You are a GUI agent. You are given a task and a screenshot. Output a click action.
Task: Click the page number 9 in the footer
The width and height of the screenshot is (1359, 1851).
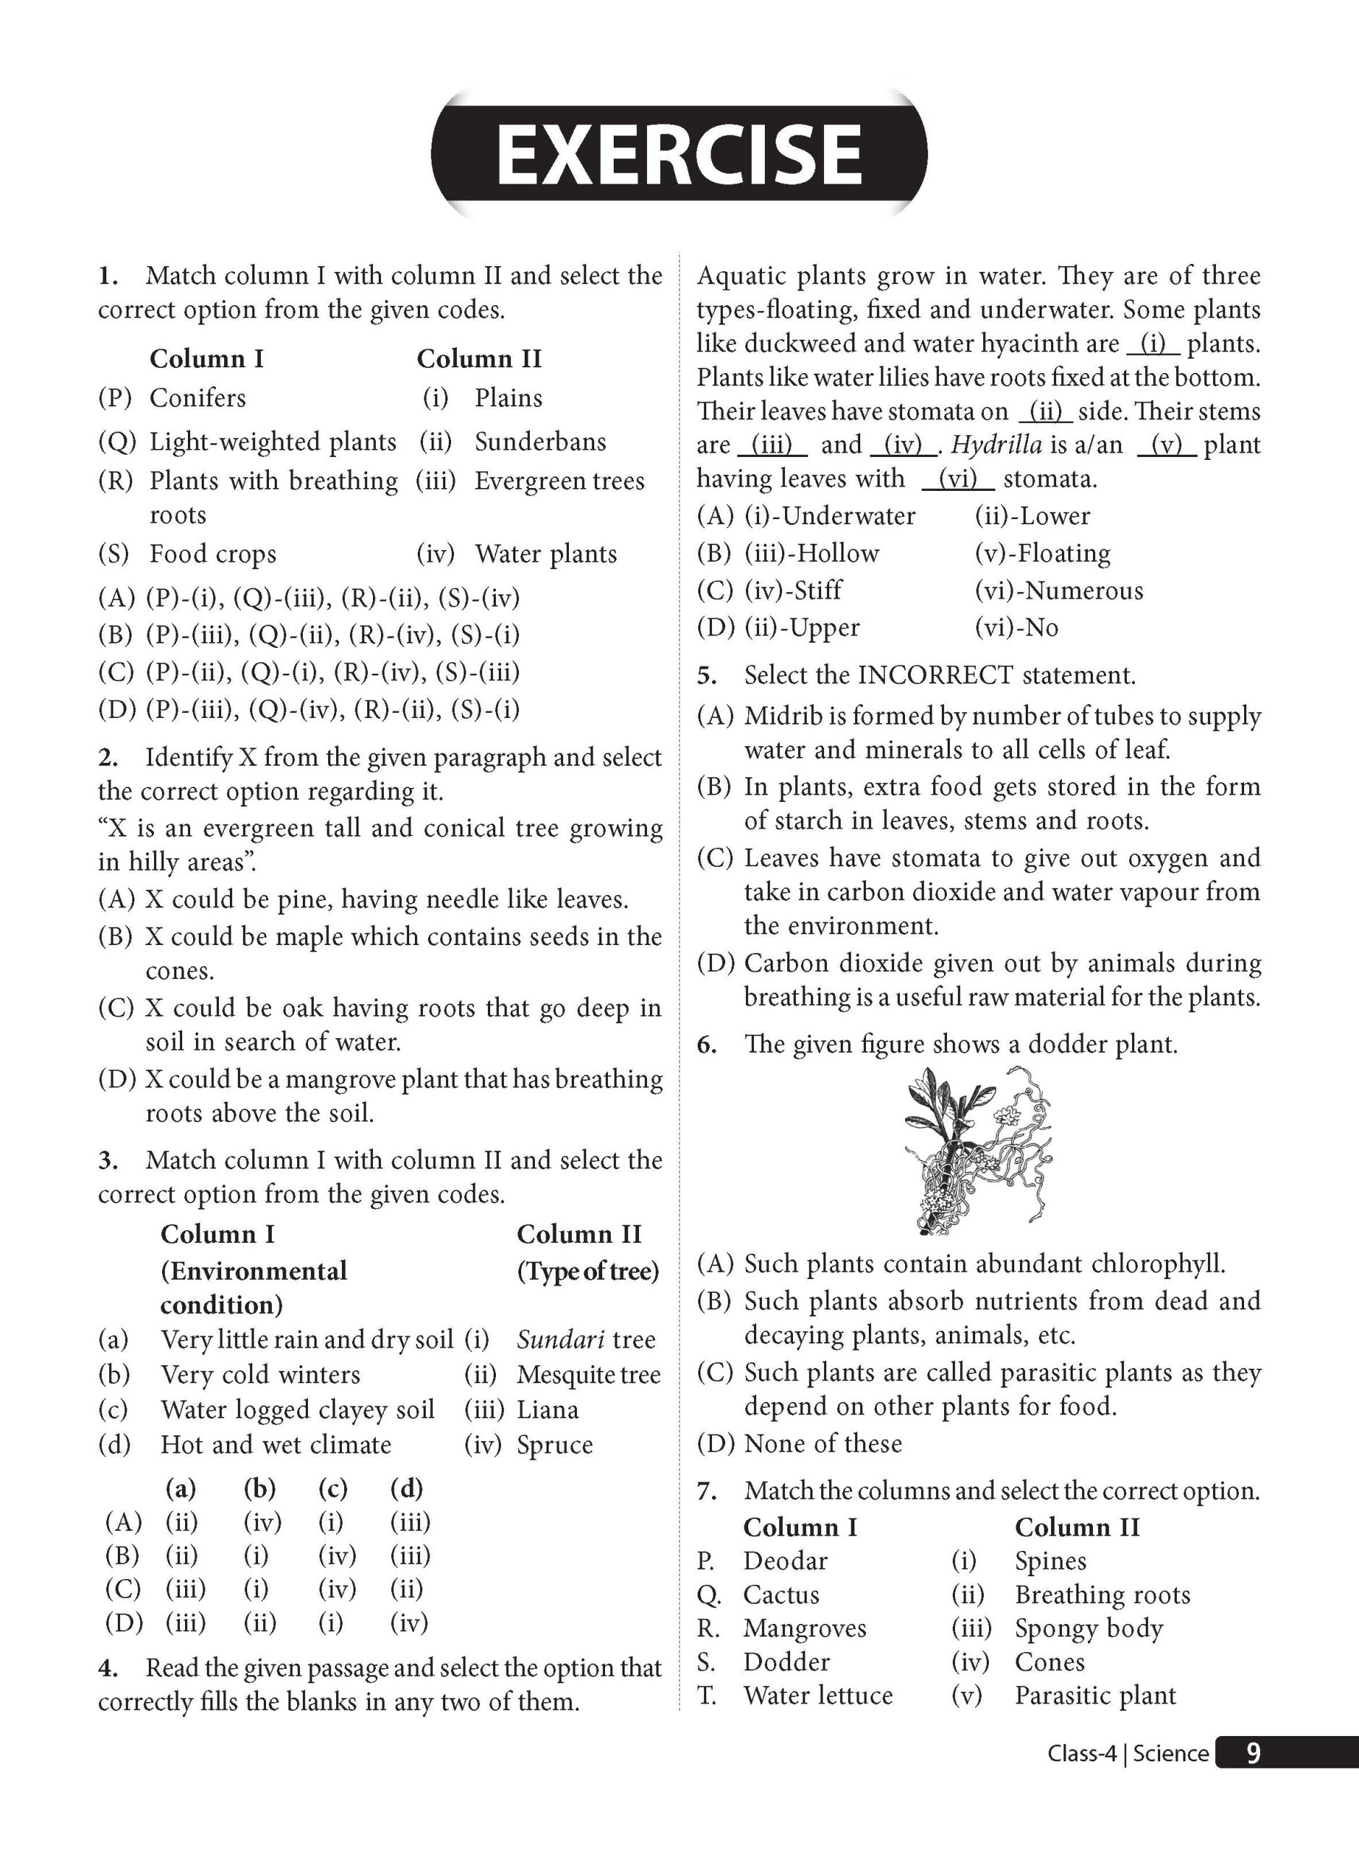point(1252,1753)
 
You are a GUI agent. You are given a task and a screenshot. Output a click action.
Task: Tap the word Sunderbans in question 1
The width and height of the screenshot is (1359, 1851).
point(540,442)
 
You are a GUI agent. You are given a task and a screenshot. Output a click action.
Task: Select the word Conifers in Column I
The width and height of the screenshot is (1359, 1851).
point(197,398)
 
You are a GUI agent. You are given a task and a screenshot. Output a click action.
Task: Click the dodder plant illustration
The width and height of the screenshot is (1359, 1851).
point(979,1151)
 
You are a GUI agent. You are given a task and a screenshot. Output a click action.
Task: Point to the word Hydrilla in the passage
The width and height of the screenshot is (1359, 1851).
point(996,445)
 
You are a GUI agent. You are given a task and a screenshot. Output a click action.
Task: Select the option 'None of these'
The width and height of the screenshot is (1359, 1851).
point(823,1443)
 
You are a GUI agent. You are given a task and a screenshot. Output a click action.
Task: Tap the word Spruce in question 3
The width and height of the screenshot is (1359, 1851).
point(554,1445)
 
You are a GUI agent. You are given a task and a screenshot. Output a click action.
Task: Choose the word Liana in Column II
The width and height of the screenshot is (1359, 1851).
point(547,1409)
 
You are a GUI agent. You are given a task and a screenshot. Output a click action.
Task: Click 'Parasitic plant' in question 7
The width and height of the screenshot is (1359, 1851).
point(1095,1695)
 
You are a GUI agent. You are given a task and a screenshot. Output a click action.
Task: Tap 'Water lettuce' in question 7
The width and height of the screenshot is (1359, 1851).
point(818,1695)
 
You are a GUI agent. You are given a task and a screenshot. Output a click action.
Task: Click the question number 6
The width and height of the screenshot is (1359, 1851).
point(707,1045)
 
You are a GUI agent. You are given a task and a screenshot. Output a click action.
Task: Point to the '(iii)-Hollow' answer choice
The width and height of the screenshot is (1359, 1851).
point(811,554)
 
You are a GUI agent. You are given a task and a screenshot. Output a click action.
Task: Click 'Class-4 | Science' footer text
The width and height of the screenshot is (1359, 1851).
point(1127,1753)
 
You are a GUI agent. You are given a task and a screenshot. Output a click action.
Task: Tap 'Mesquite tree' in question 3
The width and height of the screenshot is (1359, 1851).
point(588,1375)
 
